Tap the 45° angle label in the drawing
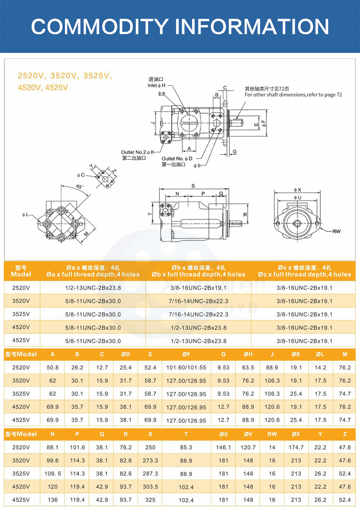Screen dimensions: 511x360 79,187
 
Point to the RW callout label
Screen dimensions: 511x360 336,231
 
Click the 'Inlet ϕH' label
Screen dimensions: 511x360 156,85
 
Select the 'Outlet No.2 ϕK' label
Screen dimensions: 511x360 138,152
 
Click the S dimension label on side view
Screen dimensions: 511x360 193,186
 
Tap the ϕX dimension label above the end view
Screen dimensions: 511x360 297,190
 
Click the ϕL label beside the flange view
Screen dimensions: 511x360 25,215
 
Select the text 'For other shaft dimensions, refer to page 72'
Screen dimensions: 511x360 293,95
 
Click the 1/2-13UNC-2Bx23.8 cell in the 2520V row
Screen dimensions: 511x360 93,288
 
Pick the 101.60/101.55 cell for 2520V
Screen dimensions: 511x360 186,368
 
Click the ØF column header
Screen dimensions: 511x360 186,354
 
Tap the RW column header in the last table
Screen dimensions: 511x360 272,434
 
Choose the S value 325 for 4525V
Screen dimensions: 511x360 150,500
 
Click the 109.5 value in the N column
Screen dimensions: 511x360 53,474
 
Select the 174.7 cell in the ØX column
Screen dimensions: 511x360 296,447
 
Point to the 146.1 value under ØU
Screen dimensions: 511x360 224,447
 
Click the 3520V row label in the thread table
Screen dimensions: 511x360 21,301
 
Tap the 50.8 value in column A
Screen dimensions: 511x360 53,368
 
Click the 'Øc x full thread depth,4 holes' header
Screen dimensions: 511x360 304,274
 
